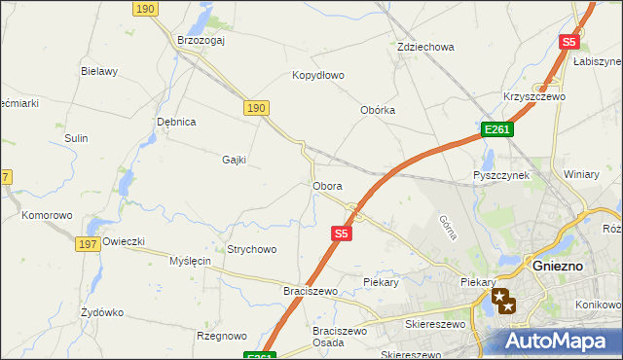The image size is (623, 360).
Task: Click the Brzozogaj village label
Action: point(202,40)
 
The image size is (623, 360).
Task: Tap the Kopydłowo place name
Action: point(318,75)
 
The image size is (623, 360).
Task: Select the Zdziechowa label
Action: point(425,47)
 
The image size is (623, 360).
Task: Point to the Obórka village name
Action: point(378,110)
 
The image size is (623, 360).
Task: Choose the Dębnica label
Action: point(177,122)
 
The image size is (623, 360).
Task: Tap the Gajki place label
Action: point(235,160)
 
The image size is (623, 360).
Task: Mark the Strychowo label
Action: point(251,249)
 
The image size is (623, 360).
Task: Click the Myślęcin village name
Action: point(190,261)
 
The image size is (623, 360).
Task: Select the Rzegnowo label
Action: point(221,336)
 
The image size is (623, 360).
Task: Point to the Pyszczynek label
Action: point(500,175)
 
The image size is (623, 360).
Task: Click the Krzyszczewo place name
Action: point(534,97)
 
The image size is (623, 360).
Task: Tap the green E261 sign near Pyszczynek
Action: point(496,129)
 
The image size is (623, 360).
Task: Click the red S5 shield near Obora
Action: point(341,234)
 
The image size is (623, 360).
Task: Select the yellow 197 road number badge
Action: point(86,244)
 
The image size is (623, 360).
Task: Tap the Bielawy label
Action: point(99,71)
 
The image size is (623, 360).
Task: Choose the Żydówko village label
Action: point(102,313)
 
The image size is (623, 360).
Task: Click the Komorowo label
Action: point(48,215)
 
